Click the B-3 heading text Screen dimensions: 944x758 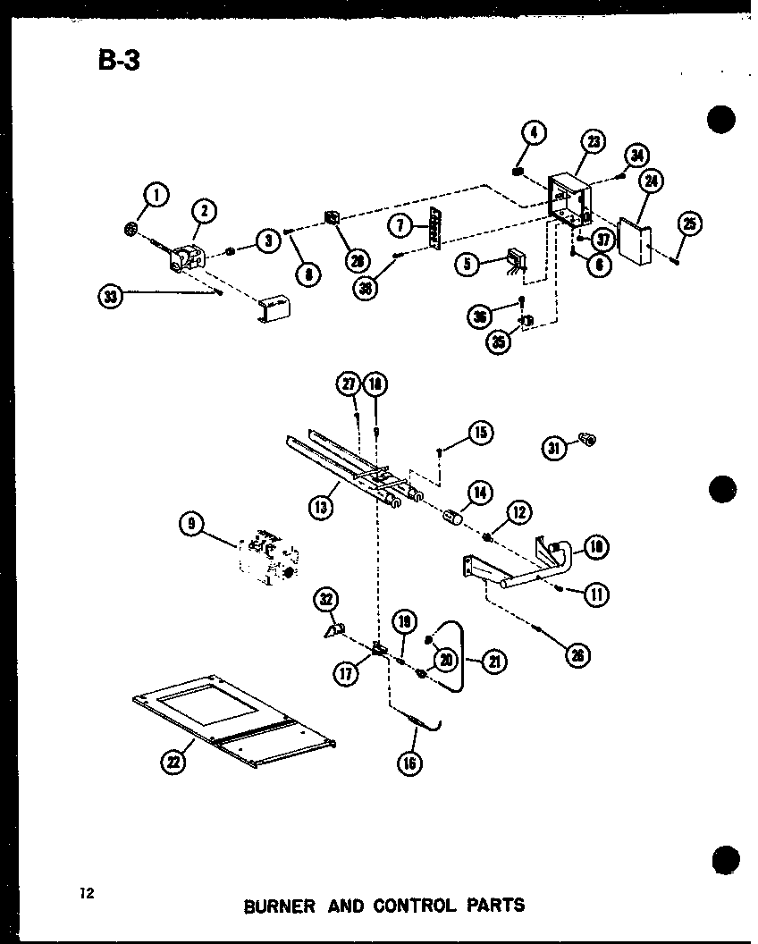coord(115,61)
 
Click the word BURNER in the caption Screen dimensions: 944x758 coord(279,906)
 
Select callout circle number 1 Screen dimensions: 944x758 coord(156,194)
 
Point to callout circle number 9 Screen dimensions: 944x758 coord(190,525)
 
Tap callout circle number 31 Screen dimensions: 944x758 coord(555,448)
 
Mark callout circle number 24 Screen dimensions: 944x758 coord(650,181)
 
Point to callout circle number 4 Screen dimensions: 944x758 coord(533,134)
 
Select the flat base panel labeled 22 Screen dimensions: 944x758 coord(232,722)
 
